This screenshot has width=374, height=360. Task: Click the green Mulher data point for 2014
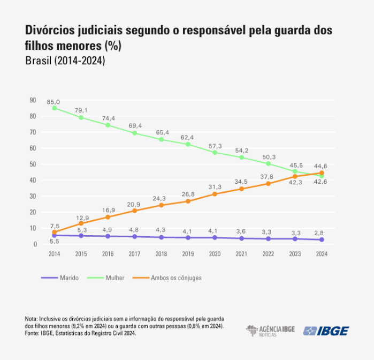[x=54, y=108]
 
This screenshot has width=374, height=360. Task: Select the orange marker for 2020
[x=215, y=194]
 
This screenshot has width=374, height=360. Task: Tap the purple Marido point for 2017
[x=134, y=236]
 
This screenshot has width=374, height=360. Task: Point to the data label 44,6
[x=320, y=166]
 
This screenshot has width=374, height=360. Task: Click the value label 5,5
[x=54, y=242]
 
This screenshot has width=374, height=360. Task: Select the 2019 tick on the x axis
[x=188, y=254]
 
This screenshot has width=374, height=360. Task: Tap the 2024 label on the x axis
[x=321, y=254]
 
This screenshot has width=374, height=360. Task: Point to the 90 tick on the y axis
[x=33, y=100]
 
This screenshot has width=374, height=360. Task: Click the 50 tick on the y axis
[x=33, y=164]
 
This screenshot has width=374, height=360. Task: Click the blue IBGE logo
[x=326, y=331]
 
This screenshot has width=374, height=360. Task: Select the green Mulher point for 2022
[x=268, y=163]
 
